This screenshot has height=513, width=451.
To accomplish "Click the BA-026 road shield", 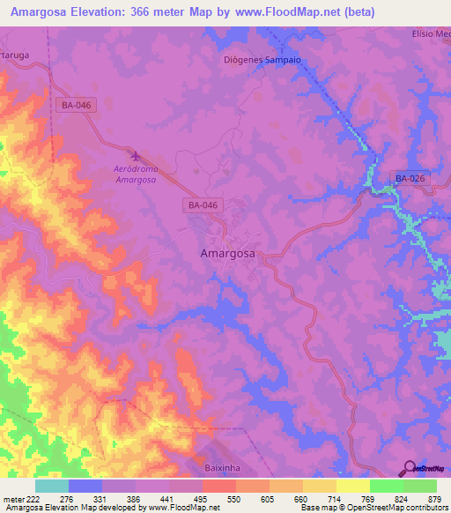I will coord(410,179).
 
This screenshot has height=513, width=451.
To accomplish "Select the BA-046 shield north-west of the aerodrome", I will coord(77,105).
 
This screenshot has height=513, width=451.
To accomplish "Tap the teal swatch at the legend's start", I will coord(52,486).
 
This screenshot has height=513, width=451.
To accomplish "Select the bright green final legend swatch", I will coord(420,486).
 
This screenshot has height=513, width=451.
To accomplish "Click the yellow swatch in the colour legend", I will coord(353,486).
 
